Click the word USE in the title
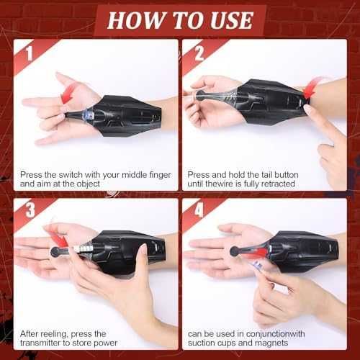tap(232, 20)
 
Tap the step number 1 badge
tap(30, 53)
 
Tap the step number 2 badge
tap(199, 53)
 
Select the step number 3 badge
tap(30, 210)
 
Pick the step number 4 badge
tap(199, 210)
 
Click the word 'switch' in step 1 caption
tap(71, 174)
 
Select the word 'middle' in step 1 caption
tap(134, 174)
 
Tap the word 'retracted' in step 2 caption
tap(278, 184)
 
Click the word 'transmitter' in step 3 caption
tap(40, 343)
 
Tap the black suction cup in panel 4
tap(235, 251)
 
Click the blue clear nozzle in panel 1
tap(87, 114)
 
